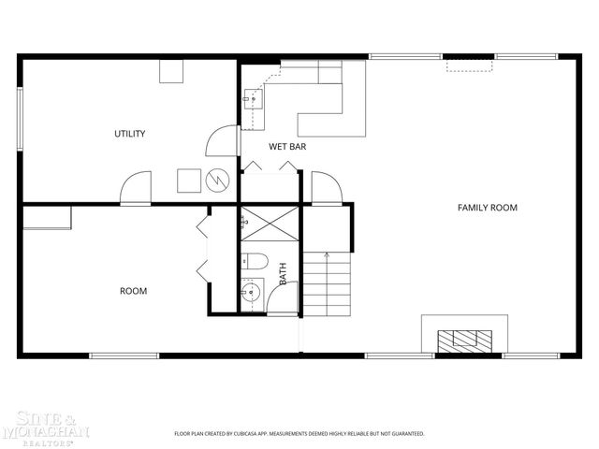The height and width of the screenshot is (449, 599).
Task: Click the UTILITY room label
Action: click(129, 134)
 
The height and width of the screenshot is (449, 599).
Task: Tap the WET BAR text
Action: click(287, 147)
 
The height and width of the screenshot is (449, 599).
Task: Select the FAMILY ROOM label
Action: click(487, 208)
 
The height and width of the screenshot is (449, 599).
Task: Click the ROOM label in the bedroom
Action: click(133, 291)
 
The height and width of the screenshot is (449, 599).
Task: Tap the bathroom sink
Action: click(251, 293)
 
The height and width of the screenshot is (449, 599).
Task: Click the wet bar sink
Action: click(252, 97)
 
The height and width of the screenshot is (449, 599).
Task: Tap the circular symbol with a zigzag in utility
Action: click(217, 179)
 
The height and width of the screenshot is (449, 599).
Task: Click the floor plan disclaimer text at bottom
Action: click(299, 434)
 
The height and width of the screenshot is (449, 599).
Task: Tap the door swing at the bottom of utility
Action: click(136, 186)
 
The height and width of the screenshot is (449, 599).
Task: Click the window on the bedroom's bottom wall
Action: click(124, 355)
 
